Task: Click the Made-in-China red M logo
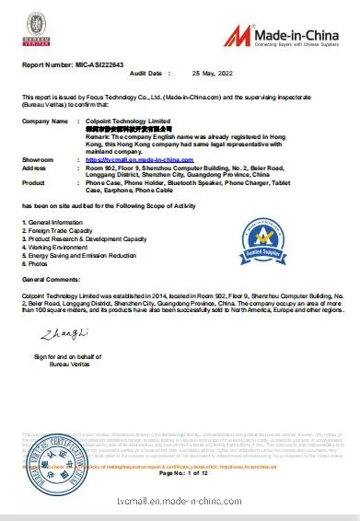point(240,35)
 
